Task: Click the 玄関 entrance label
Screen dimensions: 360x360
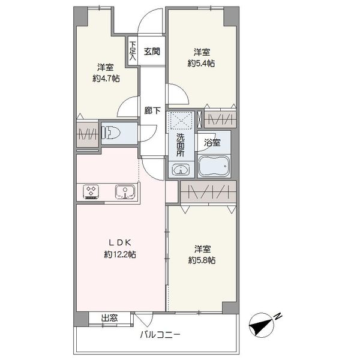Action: point(152,52)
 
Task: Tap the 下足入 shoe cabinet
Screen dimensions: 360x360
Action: point(133,51)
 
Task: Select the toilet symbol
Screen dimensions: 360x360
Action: point(111,133)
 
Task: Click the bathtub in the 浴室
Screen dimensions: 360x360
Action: point(214,166)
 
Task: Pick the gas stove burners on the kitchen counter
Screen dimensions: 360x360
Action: point(91,191)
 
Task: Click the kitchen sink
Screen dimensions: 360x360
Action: point(125,191)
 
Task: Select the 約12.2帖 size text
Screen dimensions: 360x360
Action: point(120,254)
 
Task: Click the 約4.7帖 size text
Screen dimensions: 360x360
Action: point(106,79)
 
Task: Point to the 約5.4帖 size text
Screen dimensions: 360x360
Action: point(201,63)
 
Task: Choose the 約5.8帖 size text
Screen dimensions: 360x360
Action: point(202,260)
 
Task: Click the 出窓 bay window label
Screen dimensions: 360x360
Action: point(109,318)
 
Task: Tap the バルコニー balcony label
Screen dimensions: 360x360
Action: point(160,335)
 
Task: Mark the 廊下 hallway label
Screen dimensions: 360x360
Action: point(152,110)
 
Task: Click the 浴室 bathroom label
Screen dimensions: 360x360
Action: point(212,143)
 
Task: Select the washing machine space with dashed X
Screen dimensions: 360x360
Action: point(181,121)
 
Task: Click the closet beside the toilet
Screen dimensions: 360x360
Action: point(87,134)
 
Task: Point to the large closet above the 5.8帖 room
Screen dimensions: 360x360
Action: point(208,192)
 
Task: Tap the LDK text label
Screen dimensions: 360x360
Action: point(119,242)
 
